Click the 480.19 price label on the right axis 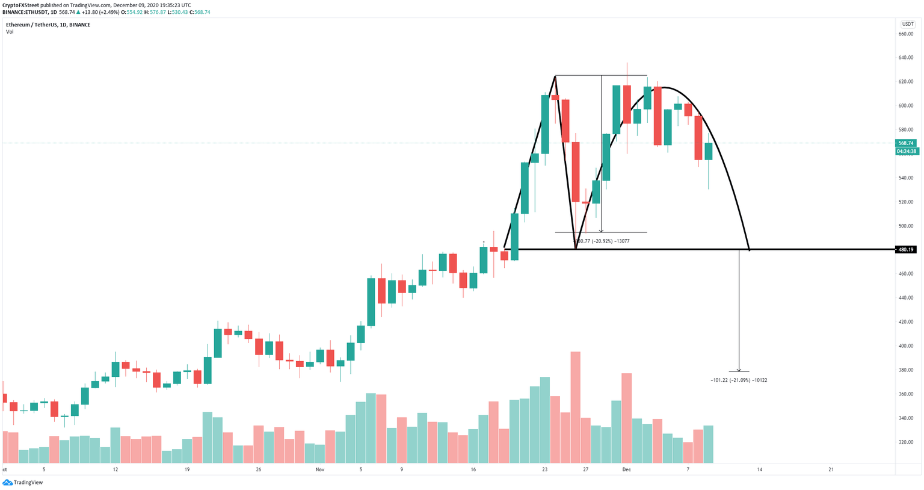[x=905, y=250]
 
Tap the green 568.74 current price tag [x=905, y=143]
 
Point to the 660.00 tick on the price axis [x=906, y=34]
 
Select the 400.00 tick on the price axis [x=906, y=346]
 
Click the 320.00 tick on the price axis [x=906, y=442]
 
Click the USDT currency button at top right [x=907, y=24]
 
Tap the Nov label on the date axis [x=319, y=470]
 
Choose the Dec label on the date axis [x=626, y=470]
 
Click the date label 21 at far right [x=831, y=470]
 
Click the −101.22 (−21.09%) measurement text [x=738, y=380]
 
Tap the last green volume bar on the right [x=708, y=444]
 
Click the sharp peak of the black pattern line [x=555, y=76]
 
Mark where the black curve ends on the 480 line [x=750, y=250]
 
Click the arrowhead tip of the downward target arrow [x=739, y=371]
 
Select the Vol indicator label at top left [x=10, y=32]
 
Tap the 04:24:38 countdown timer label [x=907, y=152]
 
